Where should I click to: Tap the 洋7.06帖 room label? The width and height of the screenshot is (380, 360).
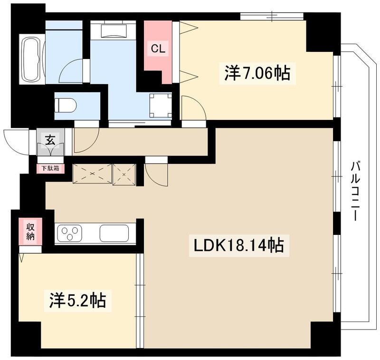[x=256, y=73]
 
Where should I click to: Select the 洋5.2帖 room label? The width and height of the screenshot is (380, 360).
[x=77, y=300]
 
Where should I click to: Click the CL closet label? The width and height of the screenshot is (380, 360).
[x=158, y=48]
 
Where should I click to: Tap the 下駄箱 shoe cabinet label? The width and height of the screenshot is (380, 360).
[x=50, y=168]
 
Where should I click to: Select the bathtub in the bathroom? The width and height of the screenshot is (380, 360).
[x=32, y=59]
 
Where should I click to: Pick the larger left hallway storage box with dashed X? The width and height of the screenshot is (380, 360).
[x=92, y=174]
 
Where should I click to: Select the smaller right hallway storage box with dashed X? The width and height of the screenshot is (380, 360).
[x=124, y=174]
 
